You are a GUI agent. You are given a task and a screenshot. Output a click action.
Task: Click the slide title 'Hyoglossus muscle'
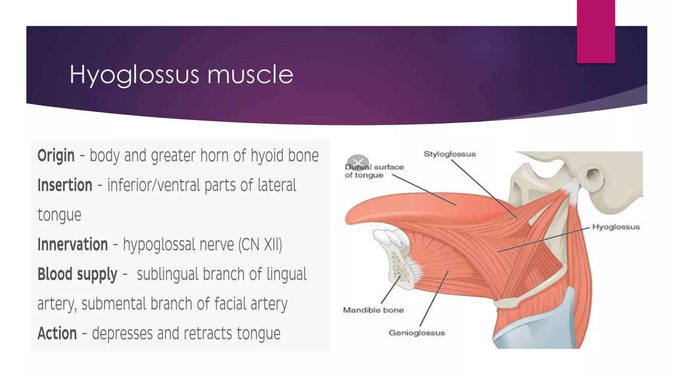click(x=181, y=75)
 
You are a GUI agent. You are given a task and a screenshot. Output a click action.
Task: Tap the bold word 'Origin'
click(x=56, y=156)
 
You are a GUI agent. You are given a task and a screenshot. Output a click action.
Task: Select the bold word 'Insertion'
click(x=65, y=185)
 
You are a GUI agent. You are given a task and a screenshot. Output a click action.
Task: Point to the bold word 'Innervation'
click(x=72, y=244)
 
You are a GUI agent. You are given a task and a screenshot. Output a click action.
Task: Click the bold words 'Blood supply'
click(x=77, y=274)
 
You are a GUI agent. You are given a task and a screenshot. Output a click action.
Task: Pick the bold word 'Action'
click(x=57, y=334)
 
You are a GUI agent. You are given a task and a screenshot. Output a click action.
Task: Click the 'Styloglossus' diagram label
click(x=450, y=154)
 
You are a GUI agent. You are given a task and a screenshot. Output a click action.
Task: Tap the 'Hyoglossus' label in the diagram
click(x=616, y=227)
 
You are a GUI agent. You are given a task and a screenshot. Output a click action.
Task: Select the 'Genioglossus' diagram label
click(x=417, y=333)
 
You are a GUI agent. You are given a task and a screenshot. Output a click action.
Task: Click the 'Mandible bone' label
click(x=373, y=310)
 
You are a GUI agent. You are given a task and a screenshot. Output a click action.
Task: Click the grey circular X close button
click(x=358, y=162)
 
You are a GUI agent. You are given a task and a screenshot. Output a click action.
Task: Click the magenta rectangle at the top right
click(x=596, y=31)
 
